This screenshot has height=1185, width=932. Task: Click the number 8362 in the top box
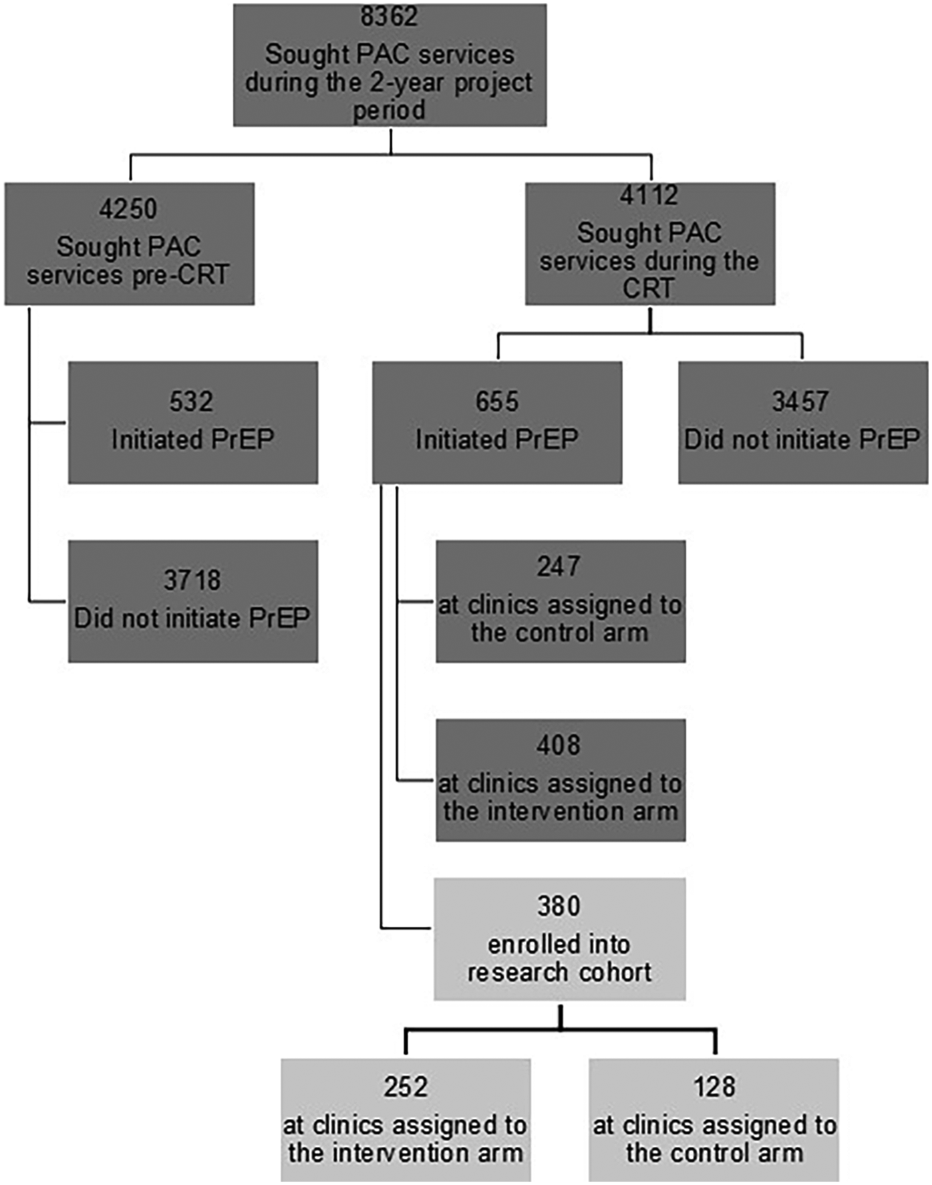coord(390,17)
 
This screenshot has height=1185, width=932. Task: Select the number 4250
coord(128,209)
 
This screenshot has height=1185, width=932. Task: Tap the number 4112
coord(649,196)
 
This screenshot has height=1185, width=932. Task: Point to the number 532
coord(192,401)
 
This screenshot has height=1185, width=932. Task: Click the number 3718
coord(192,580)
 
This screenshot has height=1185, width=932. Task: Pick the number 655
coord(496,401)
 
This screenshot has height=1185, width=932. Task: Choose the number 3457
coord(800,401)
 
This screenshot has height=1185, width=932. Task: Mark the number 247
coord(559,566)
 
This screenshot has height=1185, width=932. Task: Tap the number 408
coord(559,745)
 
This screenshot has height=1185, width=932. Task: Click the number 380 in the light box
coord(559,906)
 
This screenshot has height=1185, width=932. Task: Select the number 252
coord(406,1087)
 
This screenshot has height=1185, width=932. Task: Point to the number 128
coord(714,1087)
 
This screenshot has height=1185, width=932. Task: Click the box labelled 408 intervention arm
coord(561,780)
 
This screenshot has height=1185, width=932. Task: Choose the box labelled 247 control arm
coord(561,601)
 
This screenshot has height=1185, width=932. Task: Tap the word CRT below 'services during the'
coord(649,289)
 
